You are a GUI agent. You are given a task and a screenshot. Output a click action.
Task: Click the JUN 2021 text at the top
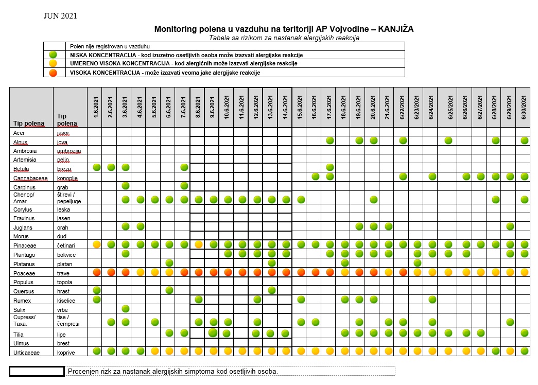click(x=60, y=16)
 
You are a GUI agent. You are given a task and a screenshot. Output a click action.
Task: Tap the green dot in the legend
click(x=53, y=55)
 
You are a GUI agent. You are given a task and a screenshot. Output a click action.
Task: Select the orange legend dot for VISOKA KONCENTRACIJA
click(x=53, y=73)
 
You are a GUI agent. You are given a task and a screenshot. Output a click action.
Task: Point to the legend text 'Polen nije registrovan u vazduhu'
click(x=110, y=46)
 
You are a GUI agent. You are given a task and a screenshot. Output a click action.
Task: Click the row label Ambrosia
click(x=25, y=151)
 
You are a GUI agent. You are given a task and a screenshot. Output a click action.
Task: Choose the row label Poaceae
click(x=24, y=273)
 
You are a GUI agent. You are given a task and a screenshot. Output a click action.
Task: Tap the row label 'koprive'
click(x=66, y=353)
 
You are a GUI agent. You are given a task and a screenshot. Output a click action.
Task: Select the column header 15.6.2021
click(x=300, y=108)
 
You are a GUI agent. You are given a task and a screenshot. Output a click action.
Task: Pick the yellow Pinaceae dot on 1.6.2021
click(x=97, y=244)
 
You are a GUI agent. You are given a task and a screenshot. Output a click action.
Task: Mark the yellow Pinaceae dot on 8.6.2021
click(x=199, y=244)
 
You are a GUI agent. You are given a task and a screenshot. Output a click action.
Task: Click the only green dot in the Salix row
click(x=126, y=308)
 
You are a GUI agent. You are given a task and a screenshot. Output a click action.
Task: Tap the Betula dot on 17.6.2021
click(x=330, y=167)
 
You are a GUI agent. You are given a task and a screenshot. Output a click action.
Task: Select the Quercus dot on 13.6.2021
click(x=272, y=290)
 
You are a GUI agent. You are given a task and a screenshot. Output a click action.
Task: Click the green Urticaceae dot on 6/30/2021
click(x=525, y=351)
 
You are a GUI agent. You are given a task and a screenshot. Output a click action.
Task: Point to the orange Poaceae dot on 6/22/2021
click(x=403, y=272)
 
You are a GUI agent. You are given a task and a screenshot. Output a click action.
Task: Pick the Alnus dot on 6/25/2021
click(x=448, y=141)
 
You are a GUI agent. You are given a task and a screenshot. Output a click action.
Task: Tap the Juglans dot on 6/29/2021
click(x=510, y=226)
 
